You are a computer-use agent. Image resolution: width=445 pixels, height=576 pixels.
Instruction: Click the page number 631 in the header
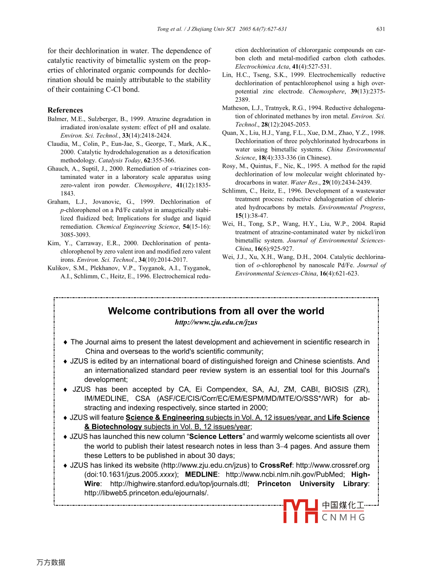click(380, 29)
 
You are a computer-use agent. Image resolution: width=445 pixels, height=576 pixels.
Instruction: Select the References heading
click(65, 110)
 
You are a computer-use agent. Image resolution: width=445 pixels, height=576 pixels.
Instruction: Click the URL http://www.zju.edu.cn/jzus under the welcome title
click(216, 322)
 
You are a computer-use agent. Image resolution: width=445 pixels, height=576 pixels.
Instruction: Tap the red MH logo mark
click(300, 511)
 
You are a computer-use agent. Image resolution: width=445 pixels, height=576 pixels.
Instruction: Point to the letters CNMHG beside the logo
click(344, 517)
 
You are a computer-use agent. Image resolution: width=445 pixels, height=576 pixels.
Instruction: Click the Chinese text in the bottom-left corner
click(51, 562)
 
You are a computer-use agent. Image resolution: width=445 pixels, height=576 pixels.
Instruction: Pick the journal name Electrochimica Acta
click(262, 67)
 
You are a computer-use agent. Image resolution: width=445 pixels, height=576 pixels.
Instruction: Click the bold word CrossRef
click(276, 465)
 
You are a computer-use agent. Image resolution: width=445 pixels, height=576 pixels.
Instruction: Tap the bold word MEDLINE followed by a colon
click(202, 475)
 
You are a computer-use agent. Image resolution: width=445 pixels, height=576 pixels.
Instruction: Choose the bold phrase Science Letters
click(216, 437)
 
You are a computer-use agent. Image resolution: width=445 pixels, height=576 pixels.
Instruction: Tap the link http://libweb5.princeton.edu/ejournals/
click(146, 493)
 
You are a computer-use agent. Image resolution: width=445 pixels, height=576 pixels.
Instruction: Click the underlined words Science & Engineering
click(165, 418)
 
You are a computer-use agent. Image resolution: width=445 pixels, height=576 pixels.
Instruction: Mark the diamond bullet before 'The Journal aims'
click(65, 342)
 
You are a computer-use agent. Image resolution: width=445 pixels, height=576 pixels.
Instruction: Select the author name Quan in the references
click(229, 133)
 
